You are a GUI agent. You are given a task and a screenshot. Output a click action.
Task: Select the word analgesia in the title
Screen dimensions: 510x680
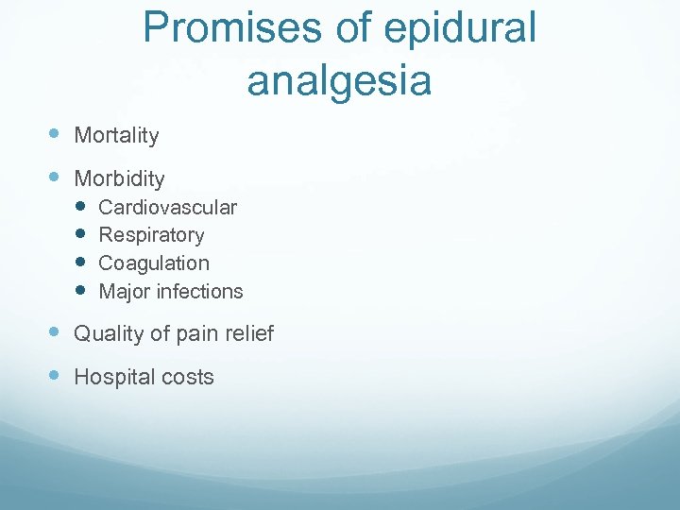point(339,81)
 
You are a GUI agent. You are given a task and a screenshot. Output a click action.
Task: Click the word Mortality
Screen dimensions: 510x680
point(116,136)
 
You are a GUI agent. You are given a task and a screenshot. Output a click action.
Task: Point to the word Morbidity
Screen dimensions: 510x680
point(119,178)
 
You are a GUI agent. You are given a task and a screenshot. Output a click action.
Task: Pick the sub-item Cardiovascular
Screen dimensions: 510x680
point(167,207)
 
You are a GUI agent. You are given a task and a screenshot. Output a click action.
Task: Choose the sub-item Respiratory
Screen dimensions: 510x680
point(151,235)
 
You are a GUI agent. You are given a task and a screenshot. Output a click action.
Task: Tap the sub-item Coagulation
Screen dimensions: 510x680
point(154,263)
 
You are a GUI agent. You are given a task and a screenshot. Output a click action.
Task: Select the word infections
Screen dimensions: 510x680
point(200,292)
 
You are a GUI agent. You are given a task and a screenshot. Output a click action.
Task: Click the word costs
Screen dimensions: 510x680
point(188,378)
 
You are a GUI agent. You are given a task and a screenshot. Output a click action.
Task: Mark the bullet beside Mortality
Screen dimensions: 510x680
point(56,134)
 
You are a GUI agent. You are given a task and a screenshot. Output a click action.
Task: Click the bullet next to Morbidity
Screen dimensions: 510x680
point(56,177)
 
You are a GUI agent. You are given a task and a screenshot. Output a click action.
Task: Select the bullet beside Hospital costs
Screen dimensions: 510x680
point(56,375)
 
